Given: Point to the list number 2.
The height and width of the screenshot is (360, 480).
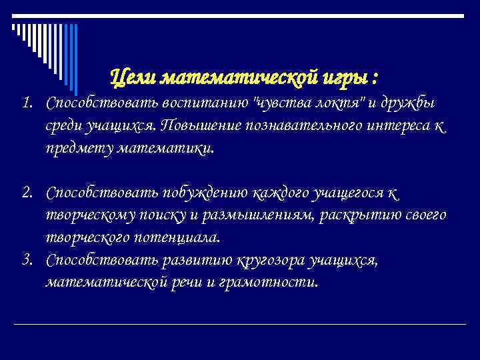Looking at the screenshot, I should [26, 193].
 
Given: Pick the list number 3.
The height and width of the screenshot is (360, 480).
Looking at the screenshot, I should [26, 259].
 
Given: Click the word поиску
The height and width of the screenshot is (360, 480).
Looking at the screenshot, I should [163, 215].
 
